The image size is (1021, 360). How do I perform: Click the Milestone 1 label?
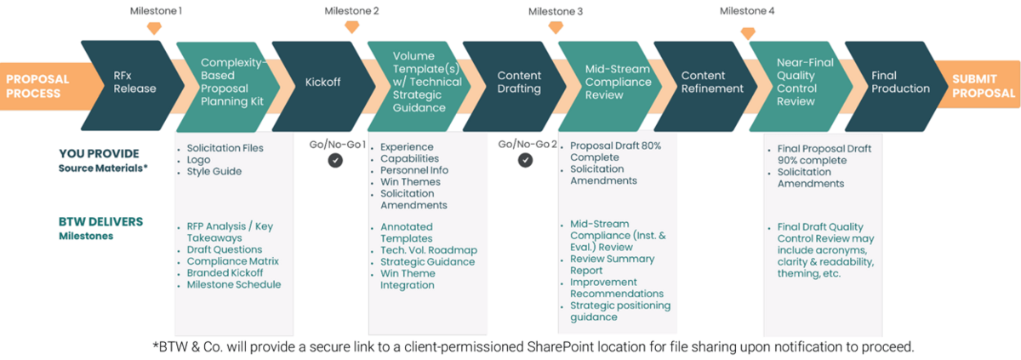pos(156,11)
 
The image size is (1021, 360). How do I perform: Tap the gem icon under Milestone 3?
pos(556,27)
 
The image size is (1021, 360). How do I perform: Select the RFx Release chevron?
pos(134,83)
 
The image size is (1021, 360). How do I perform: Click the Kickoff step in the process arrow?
pos(322,83)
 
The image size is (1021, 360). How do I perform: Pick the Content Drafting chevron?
pos(519,83)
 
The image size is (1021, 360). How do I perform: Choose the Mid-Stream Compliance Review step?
pos(618,83)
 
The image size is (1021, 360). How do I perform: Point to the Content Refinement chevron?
pos(712,83)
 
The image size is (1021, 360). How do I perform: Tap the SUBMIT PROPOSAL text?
pos(984,86)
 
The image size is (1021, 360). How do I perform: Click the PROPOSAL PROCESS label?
pos(37,86)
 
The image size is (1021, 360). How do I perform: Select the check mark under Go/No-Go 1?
pos(335,159)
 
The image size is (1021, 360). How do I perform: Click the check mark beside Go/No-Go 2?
pos(528,159)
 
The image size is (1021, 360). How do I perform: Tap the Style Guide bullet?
pos(214,172)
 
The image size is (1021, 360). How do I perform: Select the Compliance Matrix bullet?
pos(232,261)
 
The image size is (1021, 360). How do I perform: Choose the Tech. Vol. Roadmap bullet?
pos(428,250)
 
